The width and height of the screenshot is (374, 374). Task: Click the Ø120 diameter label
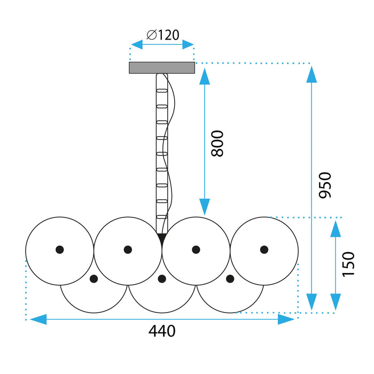tap(162, 35)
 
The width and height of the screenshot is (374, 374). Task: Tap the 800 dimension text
tap(217, 143)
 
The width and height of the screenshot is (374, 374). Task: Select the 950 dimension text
tap(325, 185)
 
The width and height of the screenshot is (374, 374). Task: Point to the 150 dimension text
tap(348, 264)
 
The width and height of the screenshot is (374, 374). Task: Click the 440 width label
tap(161, 331)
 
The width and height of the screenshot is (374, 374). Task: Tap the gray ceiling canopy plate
tap(162, 68)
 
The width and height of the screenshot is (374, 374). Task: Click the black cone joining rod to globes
tap(162, 239)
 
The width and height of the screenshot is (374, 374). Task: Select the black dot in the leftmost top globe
tap(59, 249)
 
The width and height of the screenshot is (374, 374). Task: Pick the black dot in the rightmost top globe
tap(264, 249)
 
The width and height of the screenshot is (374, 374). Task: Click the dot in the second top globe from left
tap(128, 249)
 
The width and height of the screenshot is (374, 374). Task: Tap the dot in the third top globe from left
tap(196, 249)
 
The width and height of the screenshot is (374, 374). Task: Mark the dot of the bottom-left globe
tap(94, 278)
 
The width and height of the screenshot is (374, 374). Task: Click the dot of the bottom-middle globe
tap(162, 278)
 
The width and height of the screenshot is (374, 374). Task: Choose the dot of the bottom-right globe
tap(230, 278)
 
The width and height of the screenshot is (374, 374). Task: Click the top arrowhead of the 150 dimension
tap(336, 229)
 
